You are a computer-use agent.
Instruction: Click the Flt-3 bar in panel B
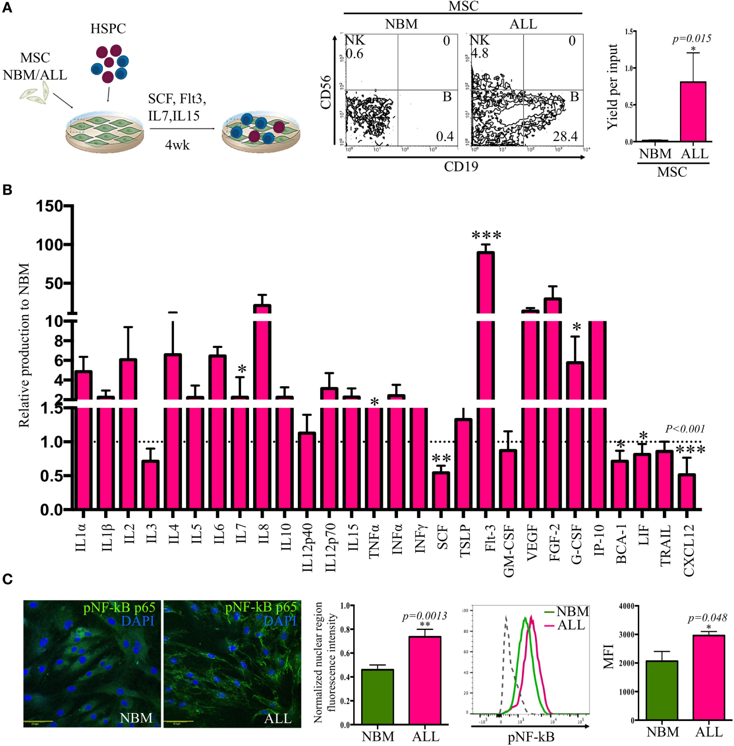pos(485,360)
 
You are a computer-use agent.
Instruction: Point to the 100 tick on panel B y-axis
pos(49,245)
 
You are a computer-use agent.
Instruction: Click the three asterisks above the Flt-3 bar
pos(486,235)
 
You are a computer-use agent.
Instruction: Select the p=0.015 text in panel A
pos(691,39)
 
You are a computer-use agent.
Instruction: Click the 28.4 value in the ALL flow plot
pos(565,137)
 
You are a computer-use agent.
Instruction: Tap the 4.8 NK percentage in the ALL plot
pos(480,54)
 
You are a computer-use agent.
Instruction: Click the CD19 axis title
pos(461,167)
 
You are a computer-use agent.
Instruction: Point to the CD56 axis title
pos(325,92)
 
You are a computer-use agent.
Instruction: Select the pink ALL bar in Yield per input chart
pos(693,112)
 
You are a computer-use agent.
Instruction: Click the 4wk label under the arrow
pos(177,145)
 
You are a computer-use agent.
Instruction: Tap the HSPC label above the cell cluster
pos(108,29)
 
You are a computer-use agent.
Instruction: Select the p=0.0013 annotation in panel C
pos(424,616)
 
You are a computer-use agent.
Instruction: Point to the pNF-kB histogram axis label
pos(531,737)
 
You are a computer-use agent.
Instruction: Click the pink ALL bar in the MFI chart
pos(709,677)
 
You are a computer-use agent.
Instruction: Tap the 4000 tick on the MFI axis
pos(626,606)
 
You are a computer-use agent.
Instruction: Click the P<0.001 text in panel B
pos(685,429)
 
